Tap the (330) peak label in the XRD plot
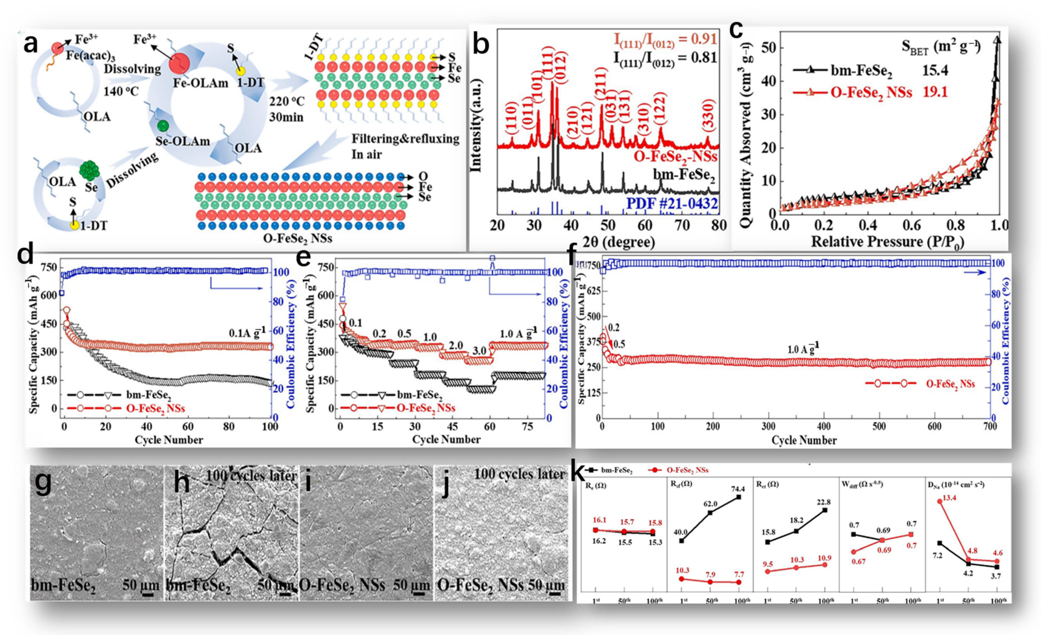tap(708, 116)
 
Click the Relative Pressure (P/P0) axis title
tap(887, 242)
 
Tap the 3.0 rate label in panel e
tap(479, 351)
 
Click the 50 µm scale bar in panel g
tap(147, 594)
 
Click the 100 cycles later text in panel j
tap(519, 474)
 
